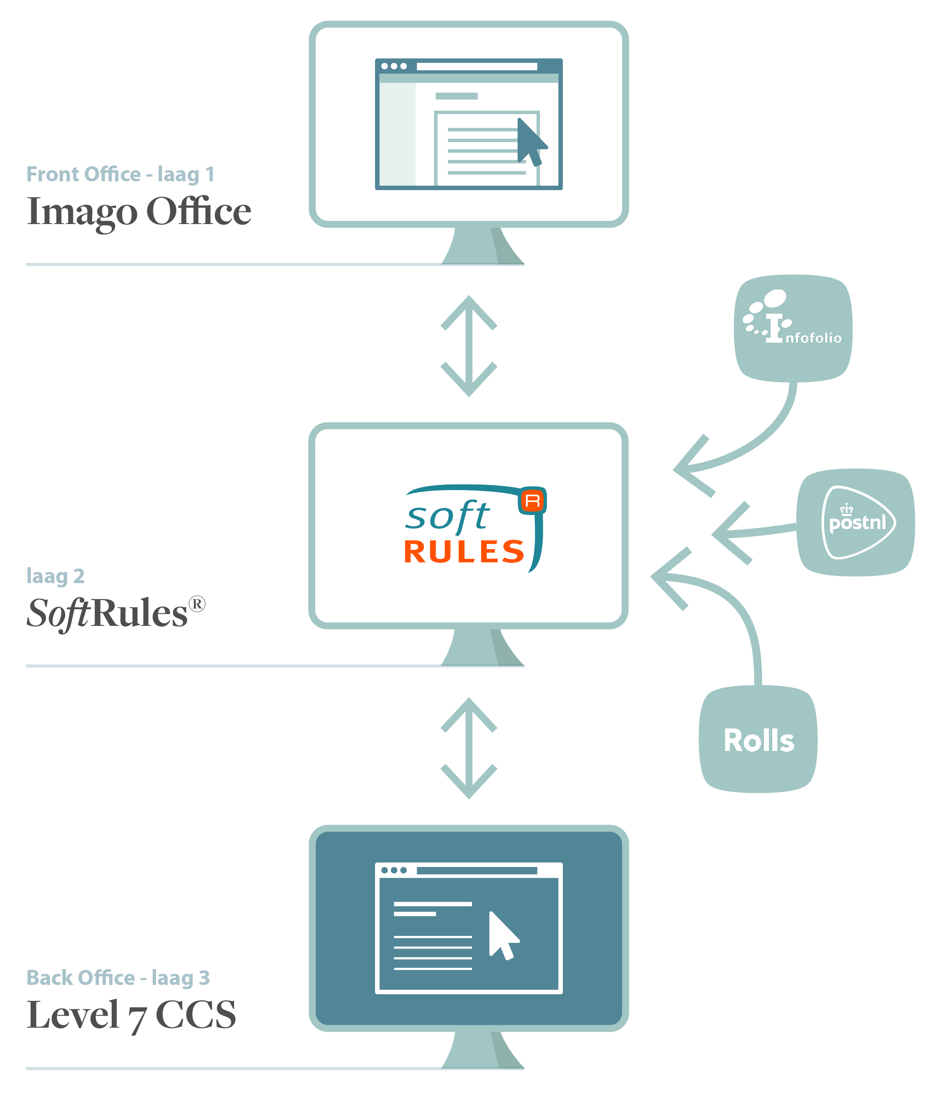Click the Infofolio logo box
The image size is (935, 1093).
pos(793,328)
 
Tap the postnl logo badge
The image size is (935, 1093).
pos(855,522)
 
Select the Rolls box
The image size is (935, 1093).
pos(758,739)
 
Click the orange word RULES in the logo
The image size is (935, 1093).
pos(464,552)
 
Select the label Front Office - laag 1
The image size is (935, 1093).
pos(120,174)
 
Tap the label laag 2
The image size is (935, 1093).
pos(55,576)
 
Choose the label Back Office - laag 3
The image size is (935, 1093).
pos(118,977)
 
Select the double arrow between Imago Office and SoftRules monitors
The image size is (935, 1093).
pos(468,346)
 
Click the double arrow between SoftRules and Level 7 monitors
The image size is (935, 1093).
pos(468,748)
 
